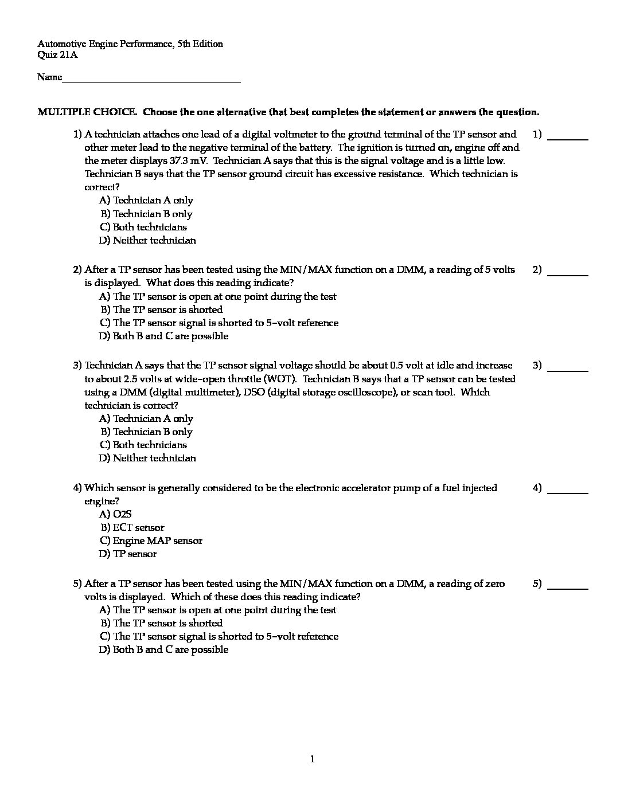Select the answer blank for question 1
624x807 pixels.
pyautogui.click(x=568, y=138)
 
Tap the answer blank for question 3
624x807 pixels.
pyautogui.click(x=568, y=370)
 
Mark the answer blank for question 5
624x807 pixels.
pyautogui.click(x=568, y=587)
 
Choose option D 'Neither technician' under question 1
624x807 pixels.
pyautogui.click(x=147, y=241)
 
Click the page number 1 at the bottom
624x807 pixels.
pyautogui.click(x=312, y=760)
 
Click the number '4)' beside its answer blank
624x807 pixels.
pyautogui.click(x=537, y=488)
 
